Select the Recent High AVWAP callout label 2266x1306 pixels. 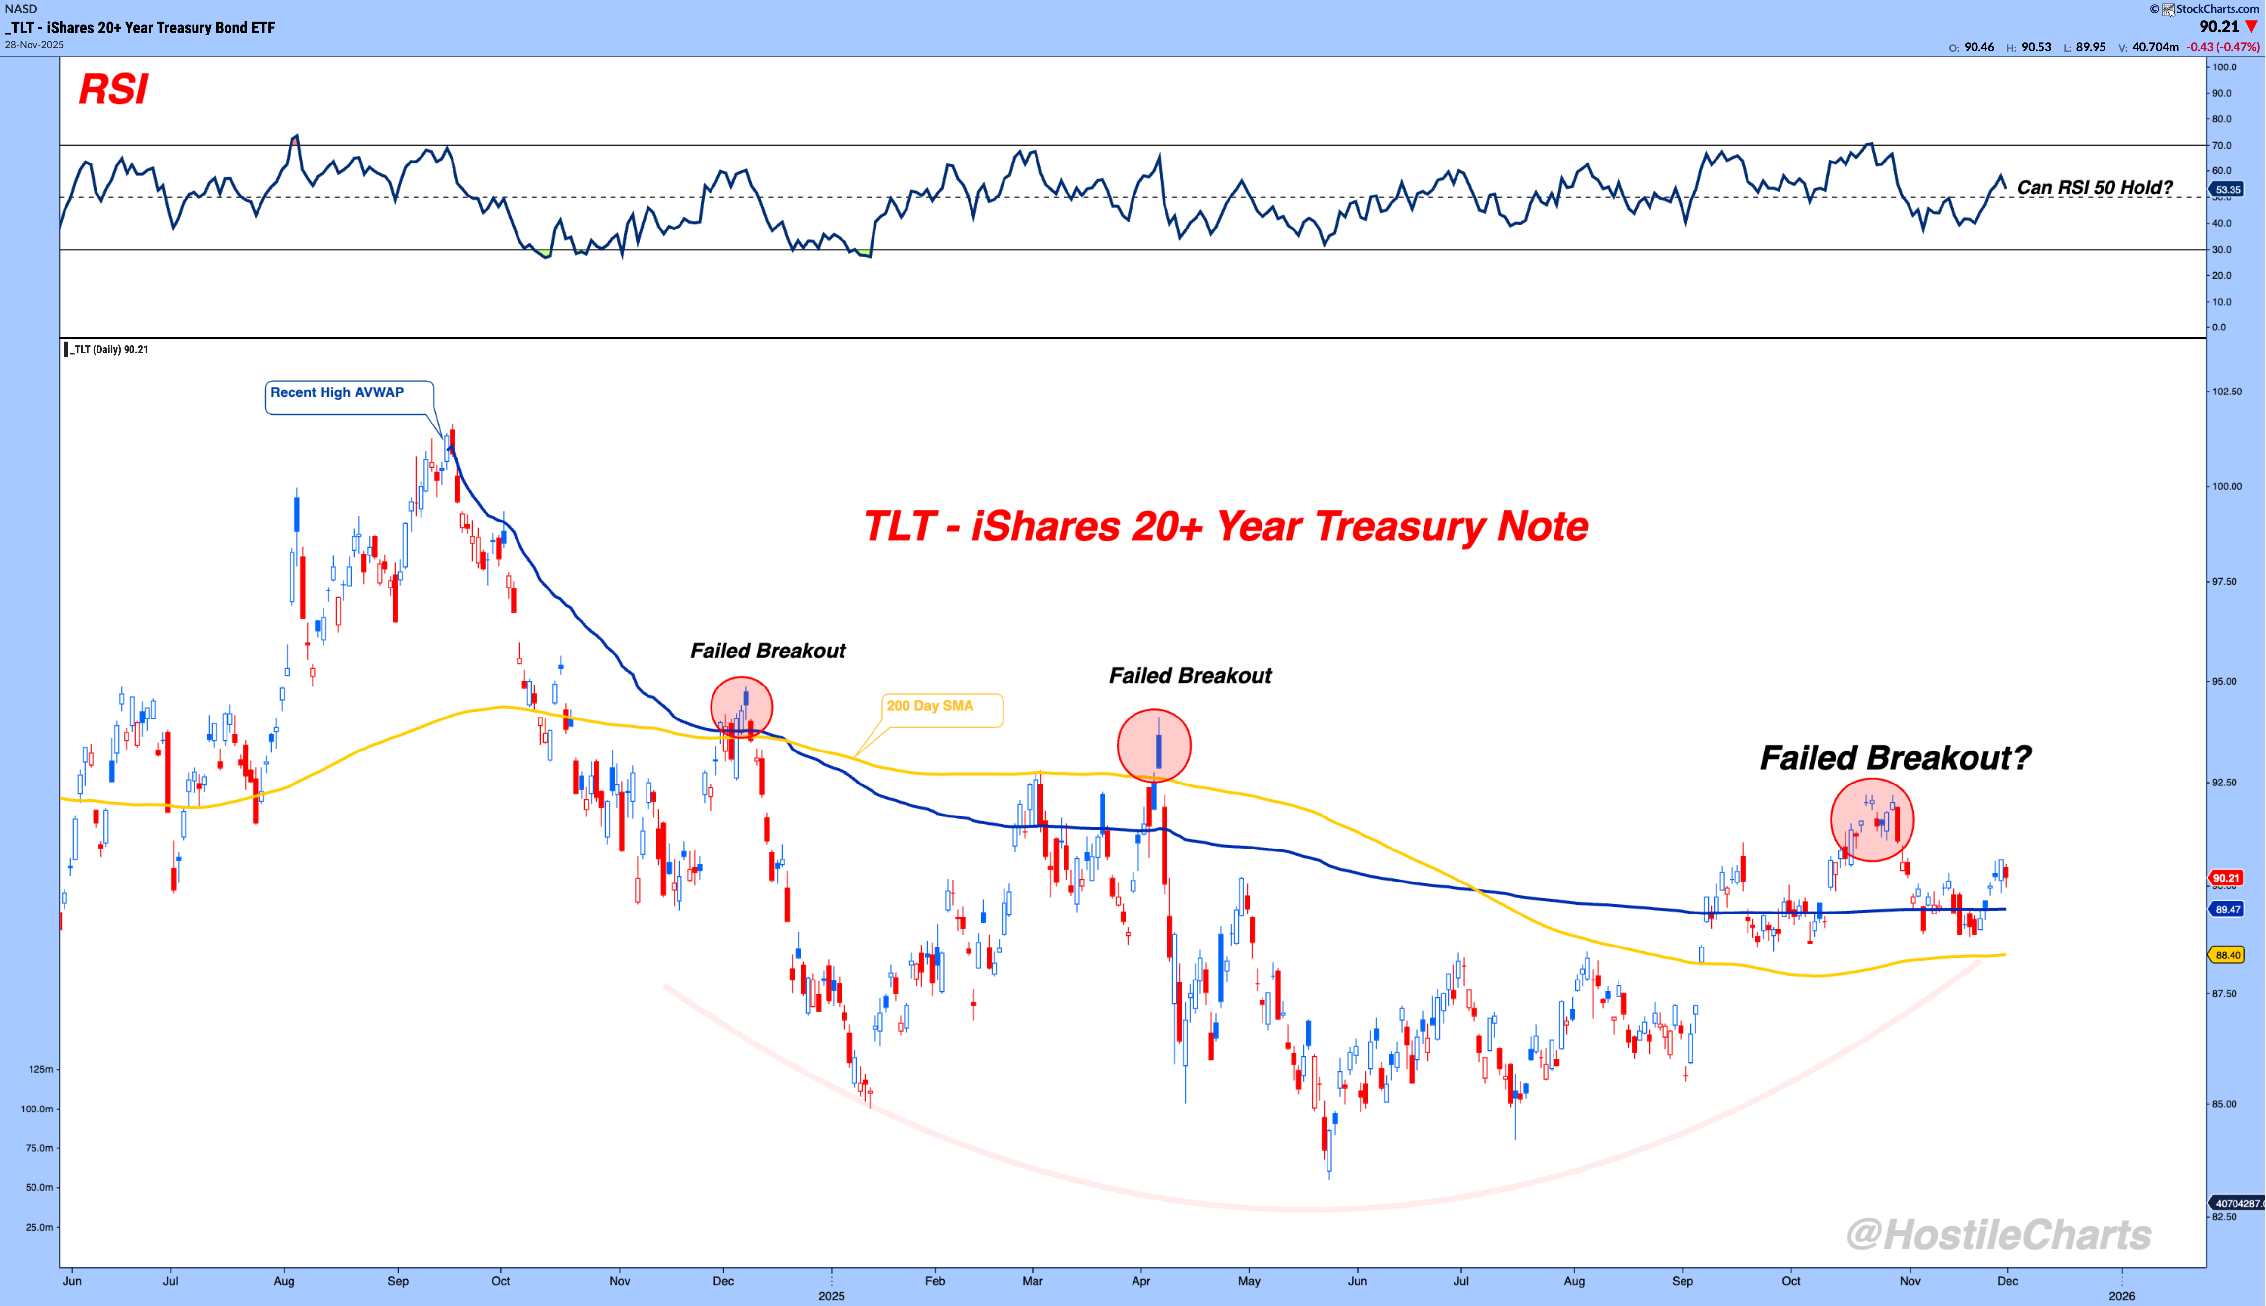coord(337,393)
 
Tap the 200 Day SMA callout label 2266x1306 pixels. coord(930,706)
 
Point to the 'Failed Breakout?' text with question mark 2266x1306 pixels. coord(1895,758)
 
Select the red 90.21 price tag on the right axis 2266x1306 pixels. coord(2227,878)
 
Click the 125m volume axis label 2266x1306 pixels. coord(41,1069)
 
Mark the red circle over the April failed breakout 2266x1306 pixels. coord(1154,746)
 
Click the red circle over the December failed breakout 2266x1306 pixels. coord(742,708)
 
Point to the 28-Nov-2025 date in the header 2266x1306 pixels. coord(34,45)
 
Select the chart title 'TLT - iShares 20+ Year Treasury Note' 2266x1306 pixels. coord(1226,526)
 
